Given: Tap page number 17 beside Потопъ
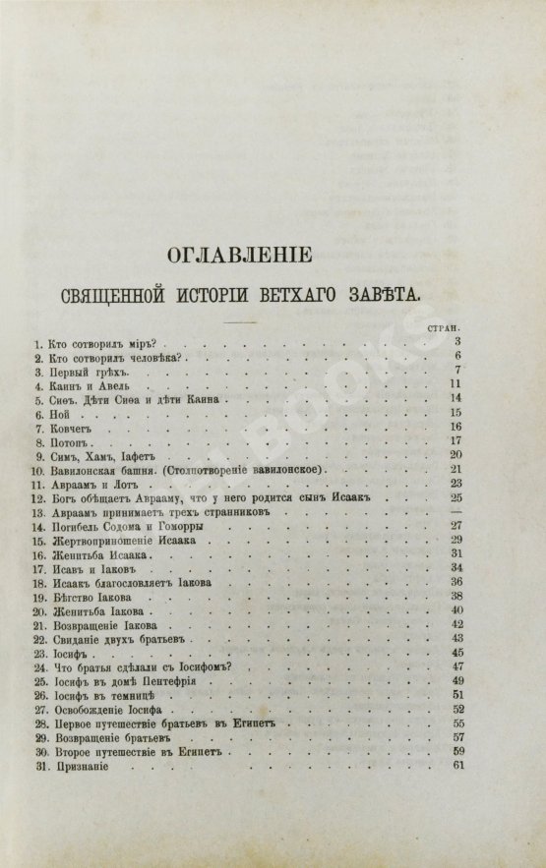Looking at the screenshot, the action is (455, 443).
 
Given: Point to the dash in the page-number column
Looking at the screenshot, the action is (455, 515).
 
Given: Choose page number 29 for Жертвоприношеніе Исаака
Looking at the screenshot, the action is (455, 542).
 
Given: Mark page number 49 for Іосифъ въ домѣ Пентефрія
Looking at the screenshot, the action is (455, 681).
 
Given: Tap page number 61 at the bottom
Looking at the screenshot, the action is (455, 767).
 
